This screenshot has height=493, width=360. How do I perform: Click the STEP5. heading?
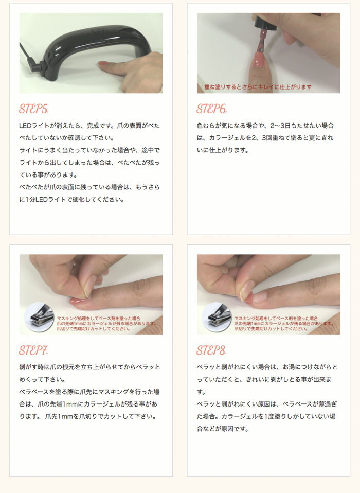(x=34, y=109)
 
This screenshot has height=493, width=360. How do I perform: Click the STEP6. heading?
(x=212, y=109)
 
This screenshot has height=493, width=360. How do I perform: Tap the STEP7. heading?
(x=34, y=351)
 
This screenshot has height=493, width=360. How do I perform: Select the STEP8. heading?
(x=212, y=351)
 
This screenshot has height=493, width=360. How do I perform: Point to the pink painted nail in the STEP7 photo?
(x=79, y=300)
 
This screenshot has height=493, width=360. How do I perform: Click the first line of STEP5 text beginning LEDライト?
(x=89, y=126)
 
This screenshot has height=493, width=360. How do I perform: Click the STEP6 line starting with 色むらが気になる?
(x=265, y=126)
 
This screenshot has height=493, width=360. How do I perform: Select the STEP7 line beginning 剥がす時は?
(x=89, y=367)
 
